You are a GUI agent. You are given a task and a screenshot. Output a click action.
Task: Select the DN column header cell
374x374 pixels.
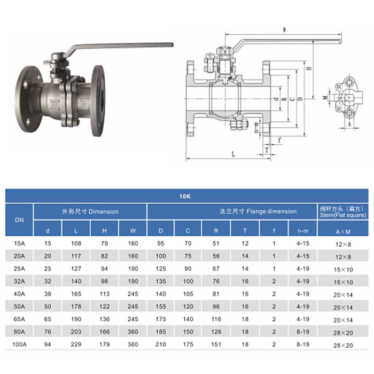point(19,220)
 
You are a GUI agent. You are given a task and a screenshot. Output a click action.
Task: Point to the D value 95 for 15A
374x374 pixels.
point(161,244)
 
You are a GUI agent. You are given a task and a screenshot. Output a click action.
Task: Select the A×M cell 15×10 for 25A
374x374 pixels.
point(342,269)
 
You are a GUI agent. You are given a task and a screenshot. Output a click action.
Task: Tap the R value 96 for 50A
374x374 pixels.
point(216,306)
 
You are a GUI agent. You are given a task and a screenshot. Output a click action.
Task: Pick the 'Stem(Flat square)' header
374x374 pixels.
point(342,212)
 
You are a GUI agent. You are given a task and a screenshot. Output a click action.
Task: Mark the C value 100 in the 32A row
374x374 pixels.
point(188,281)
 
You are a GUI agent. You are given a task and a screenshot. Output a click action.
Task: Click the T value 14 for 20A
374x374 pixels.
point(245,256)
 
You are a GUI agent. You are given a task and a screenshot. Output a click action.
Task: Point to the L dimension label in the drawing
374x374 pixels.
point(233,154)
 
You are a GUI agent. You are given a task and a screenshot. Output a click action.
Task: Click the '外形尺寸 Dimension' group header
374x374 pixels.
point(90,212)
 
